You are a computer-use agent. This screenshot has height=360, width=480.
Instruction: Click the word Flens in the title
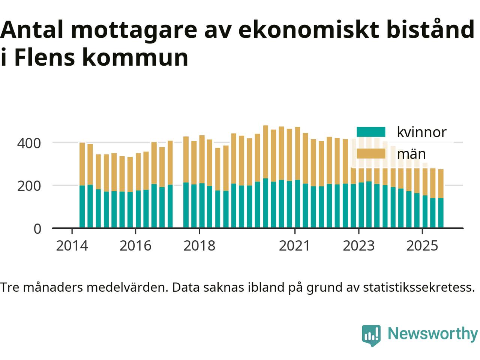[41, 58]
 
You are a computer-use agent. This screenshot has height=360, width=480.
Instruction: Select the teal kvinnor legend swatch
[370, 132]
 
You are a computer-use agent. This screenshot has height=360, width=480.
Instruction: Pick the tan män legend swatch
[370, 154]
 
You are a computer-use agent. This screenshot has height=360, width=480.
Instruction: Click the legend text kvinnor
[421, 132]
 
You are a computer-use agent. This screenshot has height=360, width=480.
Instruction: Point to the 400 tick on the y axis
[29, 143]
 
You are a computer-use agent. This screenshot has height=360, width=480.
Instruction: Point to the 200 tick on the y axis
[29, 186]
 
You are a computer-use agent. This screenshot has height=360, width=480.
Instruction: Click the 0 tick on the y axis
[37, 228]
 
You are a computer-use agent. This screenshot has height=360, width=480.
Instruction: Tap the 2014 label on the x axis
[72, 246]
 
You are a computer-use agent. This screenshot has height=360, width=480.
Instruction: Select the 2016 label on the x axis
[135, 246]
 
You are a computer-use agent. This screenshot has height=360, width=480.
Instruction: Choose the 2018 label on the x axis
[199, 246]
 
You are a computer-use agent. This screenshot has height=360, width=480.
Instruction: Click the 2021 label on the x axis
[295, 246]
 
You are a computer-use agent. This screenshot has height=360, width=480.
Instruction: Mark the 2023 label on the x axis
[359, 246]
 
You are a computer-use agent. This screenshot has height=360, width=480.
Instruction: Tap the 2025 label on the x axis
[422, 246]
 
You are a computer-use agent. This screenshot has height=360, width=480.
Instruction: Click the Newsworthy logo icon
[371, 335]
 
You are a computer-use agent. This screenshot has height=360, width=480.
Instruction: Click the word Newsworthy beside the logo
[432, 333]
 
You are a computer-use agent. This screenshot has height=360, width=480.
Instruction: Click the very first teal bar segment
[82, 207]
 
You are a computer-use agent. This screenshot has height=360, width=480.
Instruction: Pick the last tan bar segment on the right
[441, 183]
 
